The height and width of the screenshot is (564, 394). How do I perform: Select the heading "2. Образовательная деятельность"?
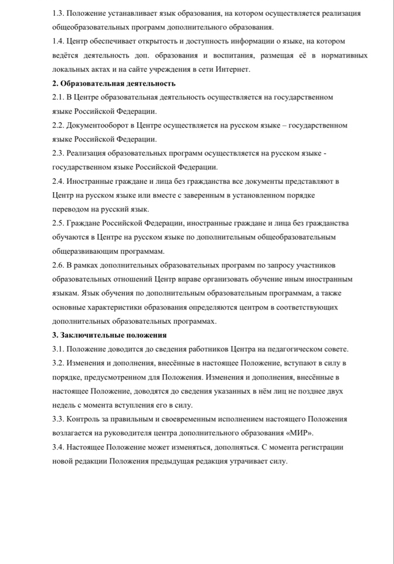pyautogui.click(x=114, y=83)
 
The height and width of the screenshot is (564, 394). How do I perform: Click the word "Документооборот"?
pyautogui.click(x=95, y=125)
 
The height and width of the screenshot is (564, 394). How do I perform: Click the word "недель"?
pyautogui.click(x=64, y=405)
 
